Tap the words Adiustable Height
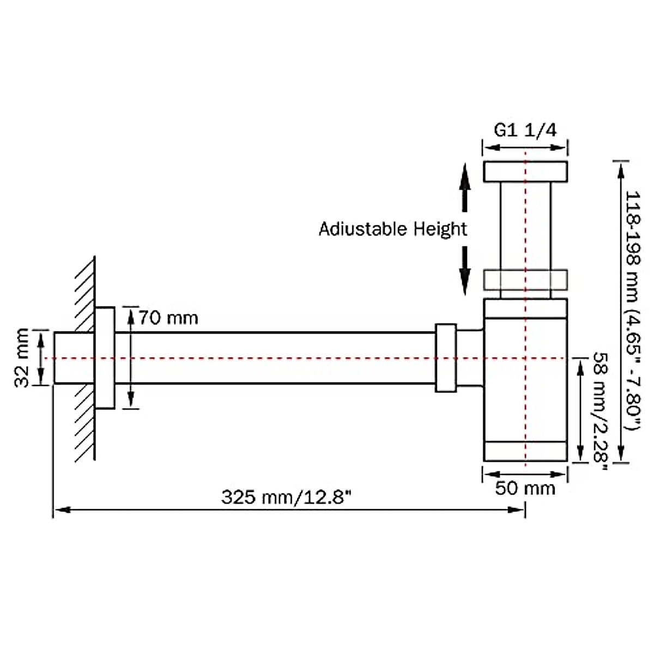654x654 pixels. pyautogui.click(x=392, y=229)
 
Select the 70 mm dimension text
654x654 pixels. pyautogui.click(x=168, y=317)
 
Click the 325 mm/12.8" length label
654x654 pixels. pyautogui.click(x=286, y=497)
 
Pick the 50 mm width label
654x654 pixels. pyautogui.click(x=525, y=488)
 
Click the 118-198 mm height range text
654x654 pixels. pyautogui.click(x=634, y=311)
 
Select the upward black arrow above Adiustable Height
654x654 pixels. pyautogui.click(x=464, y=185)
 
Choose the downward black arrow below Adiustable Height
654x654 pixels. pyautogui.click(x=464, y=271)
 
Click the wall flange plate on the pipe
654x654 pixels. pyautogui.click(x=105, y=358)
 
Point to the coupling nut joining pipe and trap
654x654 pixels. pyautogui.click(x=446, y=358)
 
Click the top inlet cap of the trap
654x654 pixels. pyautogui.click(x=525, y=171)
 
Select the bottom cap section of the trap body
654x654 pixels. pyautogui.click(x=525, y=450)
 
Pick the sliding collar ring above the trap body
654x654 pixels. pyautogui.click(x=525, y=279)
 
